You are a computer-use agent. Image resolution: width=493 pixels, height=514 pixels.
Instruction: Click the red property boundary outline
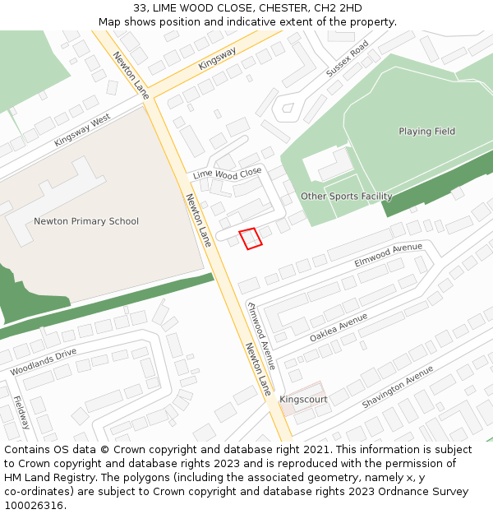click(251, 238)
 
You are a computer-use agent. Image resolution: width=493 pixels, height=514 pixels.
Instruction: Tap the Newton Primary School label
click(86, 221)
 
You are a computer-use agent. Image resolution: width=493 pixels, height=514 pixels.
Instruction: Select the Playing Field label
click(426, 132)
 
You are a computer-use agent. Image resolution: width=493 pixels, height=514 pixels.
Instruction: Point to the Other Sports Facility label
click(346, 197)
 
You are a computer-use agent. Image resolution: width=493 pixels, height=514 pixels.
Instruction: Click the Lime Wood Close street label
click(227, 173)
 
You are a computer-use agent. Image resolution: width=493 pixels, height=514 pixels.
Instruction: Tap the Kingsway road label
click(217, 58)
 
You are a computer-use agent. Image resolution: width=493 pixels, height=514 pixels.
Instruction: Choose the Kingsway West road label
click(82, 132)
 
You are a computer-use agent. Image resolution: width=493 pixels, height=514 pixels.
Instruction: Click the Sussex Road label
click(347, 59)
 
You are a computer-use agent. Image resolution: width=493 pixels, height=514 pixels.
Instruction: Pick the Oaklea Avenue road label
click(339, 328)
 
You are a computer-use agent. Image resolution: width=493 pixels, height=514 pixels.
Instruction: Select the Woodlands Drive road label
click(43, 362)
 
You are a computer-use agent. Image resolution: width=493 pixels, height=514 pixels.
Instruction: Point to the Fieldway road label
click(21, 413)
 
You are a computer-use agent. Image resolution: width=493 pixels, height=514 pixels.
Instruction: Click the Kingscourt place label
click(303, 400)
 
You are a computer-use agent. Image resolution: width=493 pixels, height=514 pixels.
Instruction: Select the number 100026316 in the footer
click(34, 505)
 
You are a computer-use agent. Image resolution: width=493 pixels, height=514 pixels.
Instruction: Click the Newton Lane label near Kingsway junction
click(130, 76)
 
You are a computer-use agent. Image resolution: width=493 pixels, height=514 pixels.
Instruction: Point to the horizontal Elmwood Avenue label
click(388, 254)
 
